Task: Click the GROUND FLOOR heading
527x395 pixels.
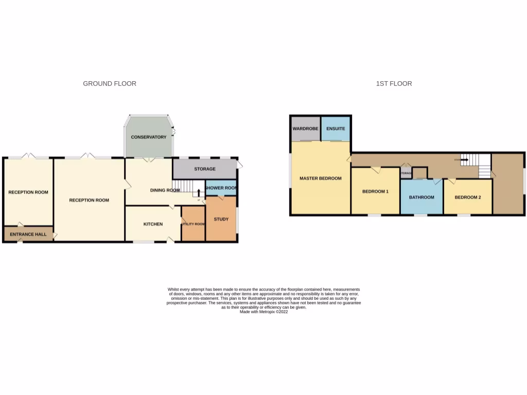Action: coord(110,83)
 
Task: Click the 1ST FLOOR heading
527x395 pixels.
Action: coord(394,83)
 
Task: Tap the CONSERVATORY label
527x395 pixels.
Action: coord(148,137)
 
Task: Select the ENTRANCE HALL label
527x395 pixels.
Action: coord(28,234)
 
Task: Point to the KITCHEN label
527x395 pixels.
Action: coord(153,224)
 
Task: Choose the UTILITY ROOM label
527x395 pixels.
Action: coord(193,224)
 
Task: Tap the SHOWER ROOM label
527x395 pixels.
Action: coord(221,188)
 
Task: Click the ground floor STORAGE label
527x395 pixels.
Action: coord(204,169)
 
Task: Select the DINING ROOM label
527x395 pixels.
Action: coord(165,190)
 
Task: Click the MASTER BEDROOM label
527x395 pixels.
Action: coord(321,178)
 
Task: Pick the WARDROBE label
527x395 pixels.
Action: coord(306,128)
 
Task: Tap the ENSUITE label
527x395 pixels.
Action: coord(336,128)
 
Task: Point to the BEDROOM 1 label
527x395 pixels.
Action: coord(375,191)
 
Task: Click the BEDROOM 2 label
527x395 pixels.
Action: coord(467,197)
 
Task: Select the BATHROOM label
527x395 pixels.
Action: coord(421,197)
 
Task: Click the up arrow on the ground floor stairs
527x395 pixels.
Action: coord(199,194)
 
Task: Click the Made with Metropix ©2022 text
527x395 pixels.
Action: coord(263,312)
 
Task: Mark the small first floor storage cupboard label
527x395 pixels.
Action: coord(406,173)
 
